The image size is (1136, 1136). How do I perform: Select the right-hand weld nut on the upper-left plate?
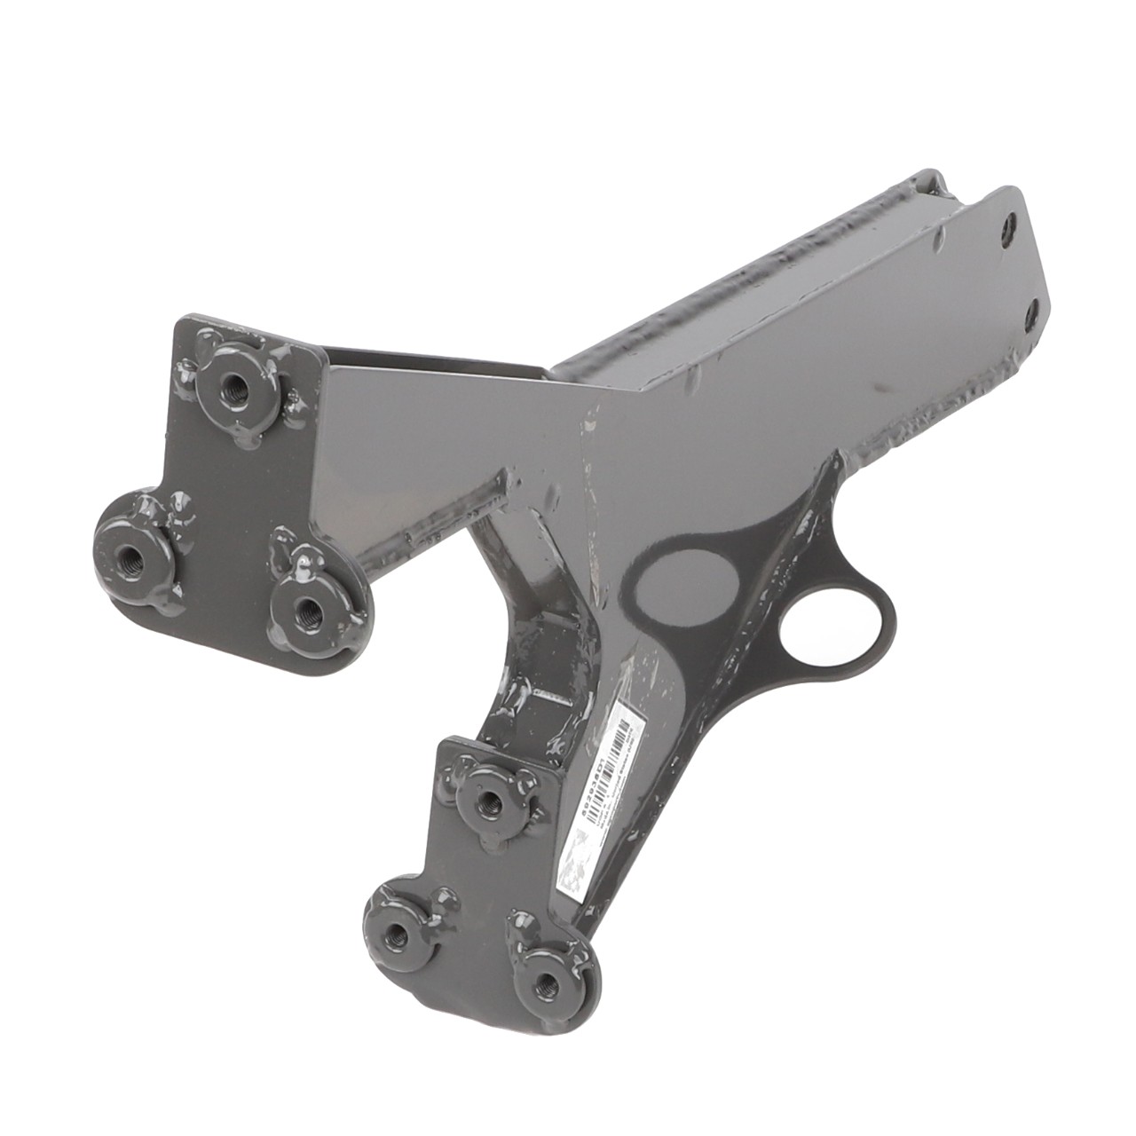coord(308,610)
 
